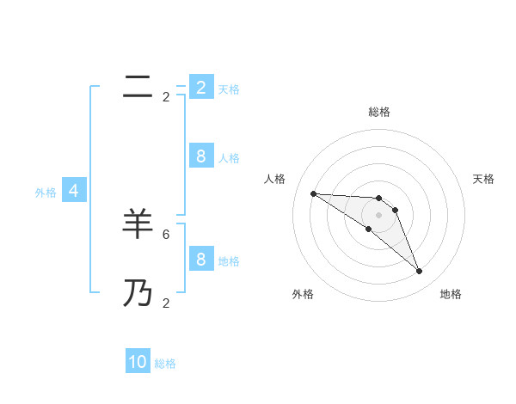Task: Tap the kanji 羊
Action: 138,223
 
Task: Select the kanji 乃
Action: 138,293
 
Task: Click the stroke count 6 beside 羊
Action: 166,234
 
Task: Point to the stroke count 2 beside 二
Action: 166,97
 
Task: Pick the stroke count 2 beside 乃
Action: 166,303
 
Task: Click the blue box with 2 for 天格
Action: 200,87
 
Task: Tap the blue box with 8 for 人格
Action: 200,156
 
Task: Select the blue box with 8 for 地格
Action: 200,259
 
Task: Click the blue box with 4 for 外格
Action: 74,191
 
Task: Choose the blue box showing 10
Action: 138,362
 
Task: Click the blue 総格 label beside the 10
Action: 165,364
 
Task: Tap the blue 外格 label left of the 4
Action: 46,193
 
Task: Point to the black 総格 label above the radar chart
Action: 378,112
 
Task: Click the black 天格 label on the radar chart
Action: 484,179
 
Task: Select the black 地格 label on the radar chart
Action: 451,294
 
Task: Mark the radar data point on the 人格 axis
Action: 313,193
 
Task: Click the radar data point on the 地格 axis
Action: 419,272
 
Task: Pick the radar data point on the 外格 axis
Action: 368,230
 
